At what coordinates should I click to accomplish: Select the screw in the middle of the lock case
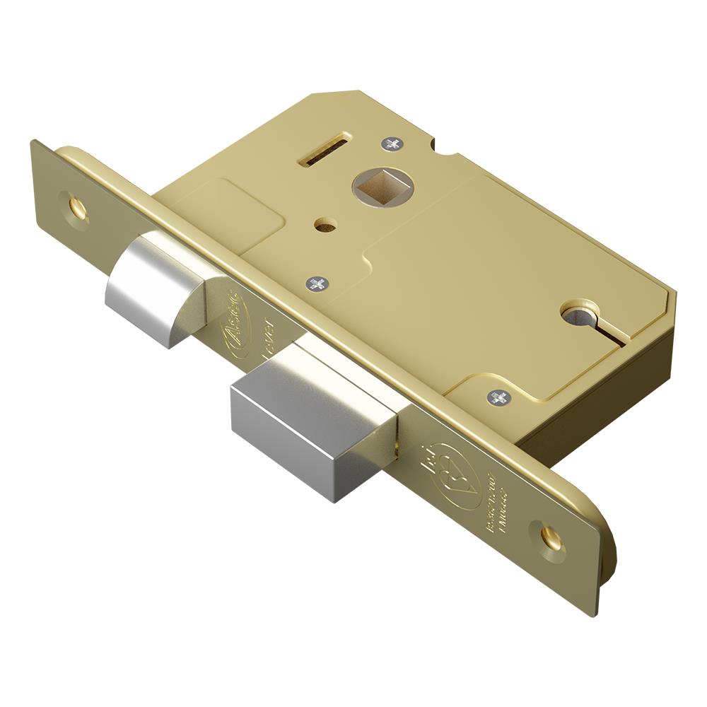pos(317,284)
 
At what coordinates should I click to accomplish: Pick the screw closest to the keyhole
pos(498,397)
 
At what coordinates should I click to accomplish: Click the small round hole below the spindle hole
pos(325,227)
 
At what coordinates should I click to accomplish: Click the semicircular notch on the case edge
pos(448,150)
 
